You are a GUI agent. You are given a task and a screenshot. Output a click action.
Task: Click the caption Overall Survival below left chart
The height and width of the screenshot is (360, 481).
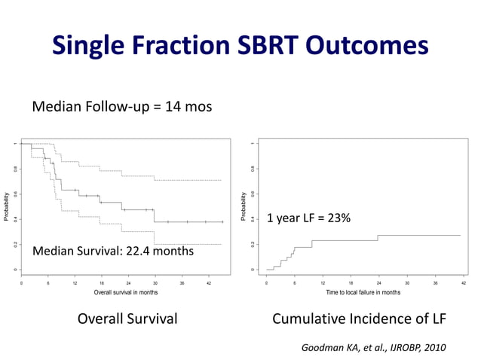128,319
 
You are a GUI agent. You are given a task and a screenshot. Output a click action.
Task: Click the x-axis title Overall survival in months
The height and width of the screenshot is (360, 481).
125,291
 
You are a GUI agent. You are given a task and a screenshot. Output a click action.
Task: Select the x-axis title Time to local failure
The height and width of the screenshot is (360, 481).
363,291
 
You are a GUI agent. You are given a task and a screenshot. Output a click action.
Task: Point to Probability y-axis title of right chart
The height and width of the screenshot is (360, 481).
243,206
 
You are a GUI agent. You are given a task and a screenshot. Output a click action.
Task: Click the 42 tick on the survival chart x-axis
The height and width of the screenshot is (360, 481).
209,282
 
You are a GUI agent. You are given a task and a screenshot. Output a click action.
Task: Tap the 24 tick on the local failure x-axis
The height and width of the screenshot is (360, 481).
378,282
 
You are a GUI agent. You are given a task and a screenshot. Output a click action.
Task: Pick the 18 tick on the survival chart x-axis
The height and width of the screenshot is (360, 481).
102,282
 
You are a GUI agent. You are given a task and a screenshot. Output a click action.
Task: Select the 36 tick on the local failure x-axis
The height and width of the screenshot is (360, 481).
435,282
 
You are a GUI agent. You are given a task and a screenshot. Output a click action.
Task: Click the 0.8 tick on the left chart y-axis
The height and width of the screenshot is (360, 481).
14,169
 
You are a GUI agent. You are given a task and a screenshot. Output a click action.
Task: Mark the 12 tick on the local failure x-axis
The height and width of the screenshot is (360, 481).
323,282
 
